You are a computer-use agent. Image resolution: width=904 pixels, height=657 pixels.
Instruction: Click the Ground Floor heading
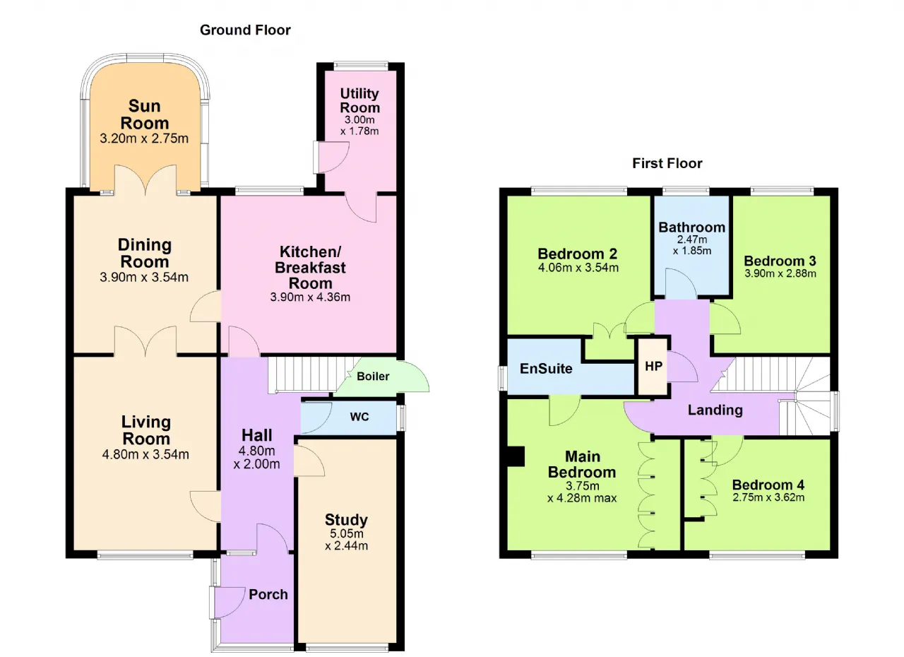[x=245, y=30]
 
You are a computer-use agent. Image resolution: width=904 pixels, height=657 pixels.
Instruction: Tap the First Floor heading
[x=667, y=163]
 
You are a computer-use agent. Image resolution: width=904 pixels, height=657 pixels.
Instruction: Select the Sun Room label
[x=145, y=114]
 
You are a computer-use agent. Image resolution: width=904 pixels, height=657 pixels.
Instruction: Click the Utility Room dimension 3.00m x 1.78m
[x=359, y=126]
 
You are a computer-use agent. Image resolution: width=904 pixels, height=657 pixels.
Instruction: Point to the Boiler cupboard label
[x=373, y=377]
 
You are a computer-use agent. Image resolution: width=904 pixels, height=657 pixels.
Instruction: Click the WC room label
[x=359, y=417]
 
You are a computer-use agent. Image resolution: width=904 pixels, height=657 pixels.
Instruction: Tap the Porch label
[x=268, y=594]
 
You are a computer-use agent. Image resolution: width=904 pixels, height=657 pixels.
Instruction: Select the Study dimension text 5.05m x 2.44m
[x=346, y=540]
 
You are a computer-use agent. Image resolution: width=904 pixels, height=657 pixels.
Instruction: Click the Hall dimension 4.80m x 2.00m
[x=256, y=457]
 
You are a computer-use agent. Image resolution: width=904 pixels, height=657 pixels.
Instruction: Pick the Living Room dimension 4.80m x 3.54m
[x=145, y=454]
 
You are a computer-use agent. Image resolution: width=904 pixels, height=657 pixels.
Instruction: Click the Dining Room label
[x=145, y=254]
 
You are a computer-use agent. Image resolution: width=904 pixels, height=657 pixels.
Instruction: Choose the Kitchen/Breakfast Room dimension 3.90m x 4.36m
[x=310, y=297]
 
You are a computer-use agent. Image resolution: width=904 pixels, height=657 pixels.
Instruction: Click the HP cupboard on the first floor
[x=653, y=367]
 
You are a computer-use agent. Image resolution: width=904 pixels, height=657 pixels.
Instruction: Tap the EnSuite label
[x=546, y=369]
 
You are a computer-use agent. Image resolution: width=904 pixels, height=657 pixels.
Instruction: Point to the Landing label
[x=715, y=410]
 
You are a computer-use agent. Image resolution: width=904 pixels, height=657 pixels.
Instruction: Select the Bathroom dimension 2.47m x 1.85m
[x=691, y=245]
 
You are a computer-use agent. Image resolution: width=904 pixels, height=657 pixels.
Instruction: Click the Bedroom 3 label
[x=780, y=261]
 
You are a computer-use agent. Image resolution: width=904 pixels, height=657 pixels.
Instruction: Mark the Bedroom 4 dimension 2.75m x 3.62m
[x=768, y=497]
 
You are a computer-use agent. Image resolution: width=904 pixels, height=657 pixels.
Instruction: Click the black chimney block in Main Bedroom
[x=516, y=456]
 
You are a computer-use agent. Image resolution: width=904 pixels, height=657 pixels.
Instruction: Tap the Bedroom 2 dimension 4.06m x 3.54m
[x=578, y=268]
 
